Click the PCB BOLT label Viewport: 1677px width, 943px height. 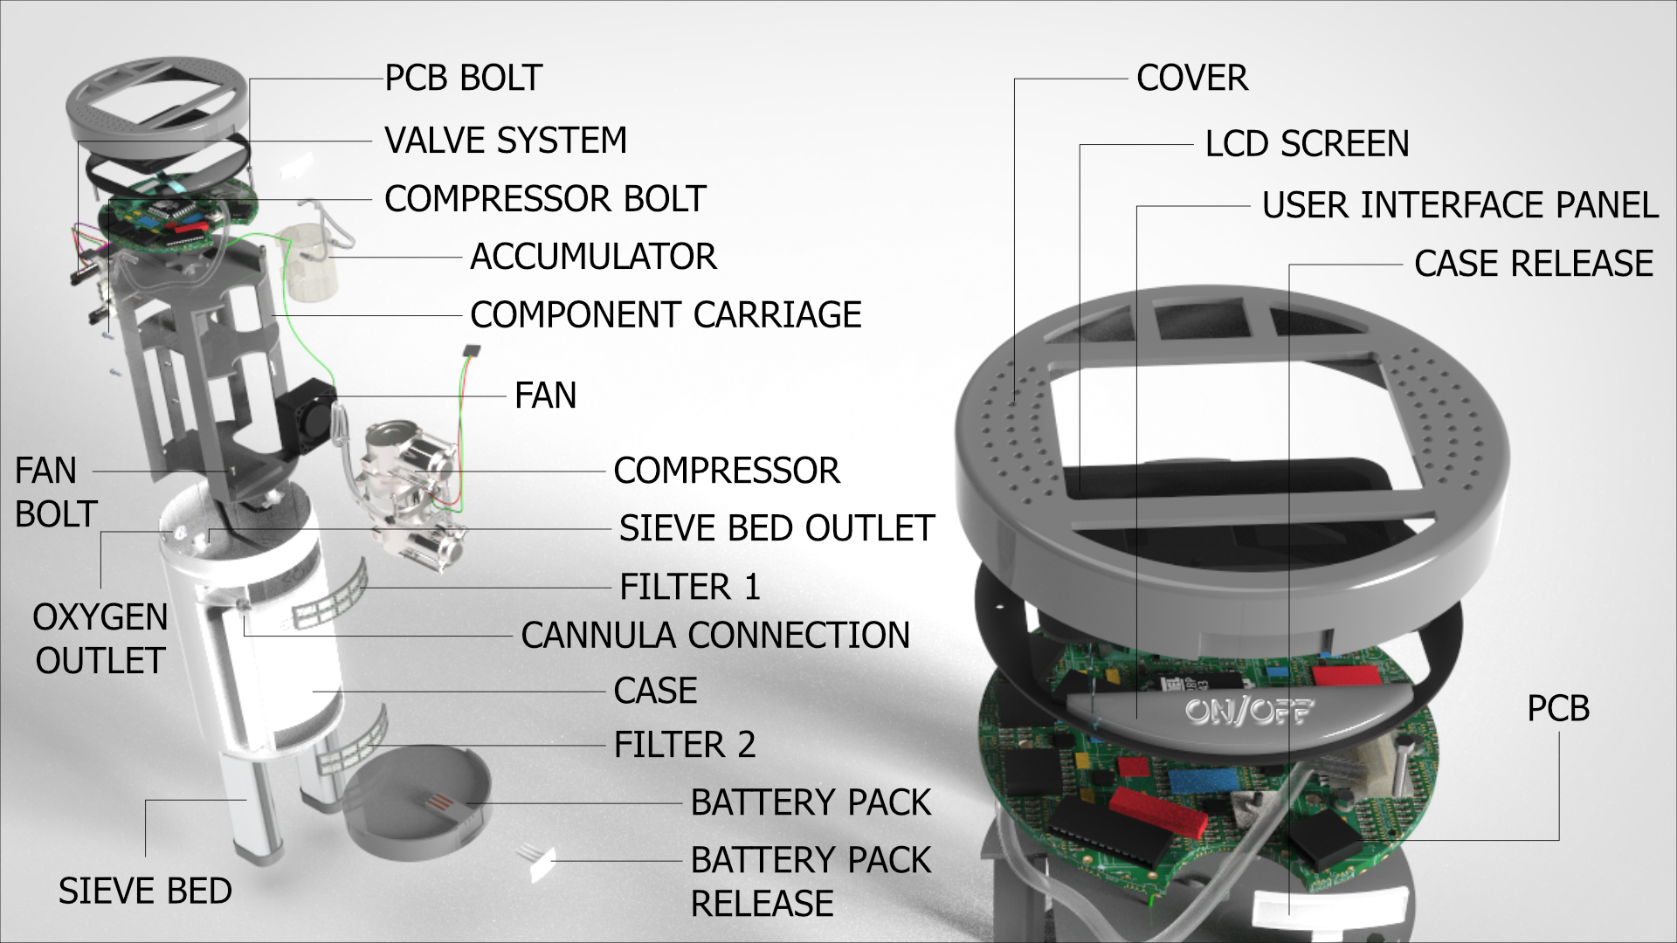tap(463, 79)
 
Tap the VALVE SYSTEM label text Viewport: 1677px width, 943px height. tap(506, 141)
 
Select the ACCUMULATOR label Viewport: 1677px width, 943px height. tap(593, 257)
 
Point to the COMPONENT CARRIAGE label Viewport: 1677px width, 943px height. tap(666, 315)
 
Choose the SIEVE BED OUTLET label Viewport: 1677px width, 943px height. tap(776, 528)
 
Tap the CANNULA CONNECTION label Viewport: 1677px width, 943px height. tap(715, 636)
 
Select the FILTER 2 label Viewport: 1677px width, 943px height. tap(684, 745)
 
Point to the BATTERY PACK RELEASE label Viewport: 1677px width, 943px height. tap(810, 881)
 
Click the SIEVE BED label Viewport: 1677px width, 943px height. tap(145, 891)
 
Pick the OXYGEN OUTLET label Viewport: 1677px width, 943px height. tap(100, 639)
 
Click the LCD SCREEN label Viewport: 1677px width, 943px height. tap(1307, 144)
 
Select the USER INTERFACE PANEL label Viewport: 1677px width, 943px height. tap(1460, 205)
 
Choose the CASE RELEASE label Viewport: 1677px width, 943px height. tap(1533, 264)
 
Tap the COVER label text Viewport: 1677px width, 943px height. tap(1191, 79)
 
